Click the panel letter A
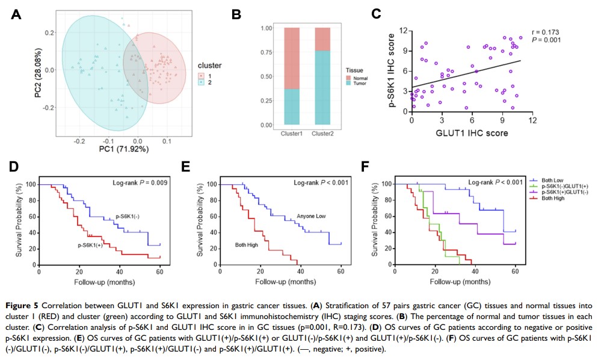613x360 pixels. pyautogui.click(x=16, y=15)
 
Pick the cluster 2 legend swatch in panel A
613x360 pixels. pyautogui.click(x=202, y=82)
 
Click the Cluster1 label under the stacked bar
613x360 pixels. pyautogui.click(x=292, y=132)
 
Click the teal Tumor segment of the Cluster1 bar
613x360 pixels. pyautogui.click(x=292, y=107)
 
